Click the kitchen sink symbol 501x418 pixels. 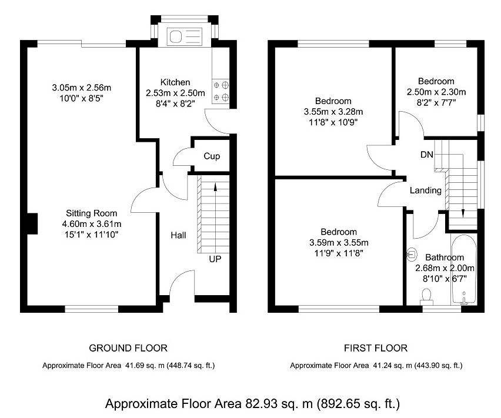185,37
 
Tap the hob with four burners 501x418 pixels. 221,92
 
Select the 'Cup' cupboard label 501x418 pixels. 212,156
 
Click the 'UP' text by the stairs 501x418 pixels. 215,259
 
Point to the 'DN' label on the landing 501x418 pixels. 427,155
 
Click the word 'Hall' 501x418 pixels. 178,235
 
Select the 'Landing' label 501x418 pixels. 425,190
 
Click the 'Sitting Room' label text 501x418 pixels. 91,213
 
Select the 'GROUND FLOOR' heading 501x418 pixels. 128,348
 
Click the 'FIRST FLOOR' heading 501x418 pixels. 375,348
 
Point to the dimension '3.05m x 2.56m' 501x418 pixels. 81,88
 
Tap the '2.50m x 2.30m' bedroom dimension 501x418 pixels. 436,92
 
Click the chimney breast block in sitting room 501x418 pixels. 32,223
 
